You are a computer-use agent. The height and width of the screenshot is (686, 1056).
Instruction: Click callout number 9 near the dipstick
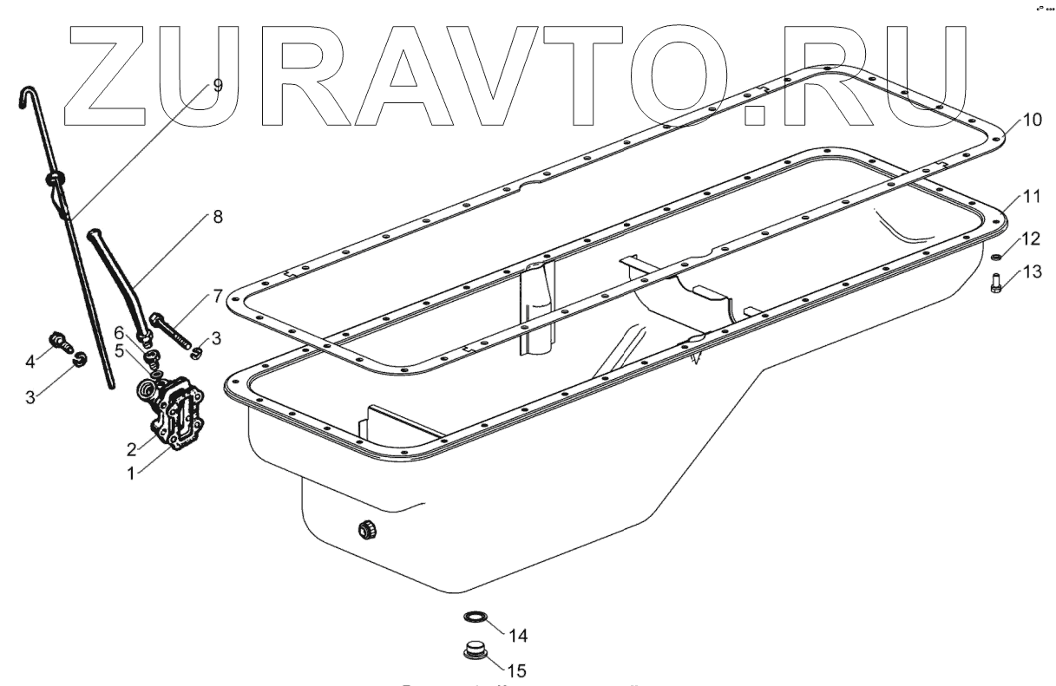(x=216, y=86)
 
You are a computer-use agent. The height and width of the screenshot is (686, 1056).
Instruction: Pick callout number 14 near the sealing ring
(x=518, y=636)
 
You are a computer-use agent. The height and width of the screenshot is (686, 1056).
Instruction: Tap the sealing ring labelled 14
(x=474, y=617)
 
